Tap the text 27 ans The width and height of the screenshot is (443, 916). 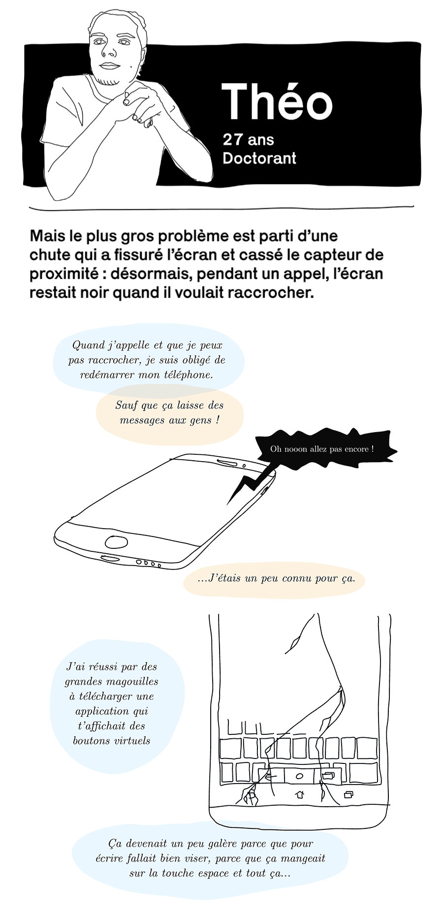tap(248, 140)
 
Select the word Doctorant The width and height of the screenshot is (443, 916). tap(259, 158)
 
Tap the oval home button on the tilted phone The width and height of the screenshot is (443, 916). tap(117, 542)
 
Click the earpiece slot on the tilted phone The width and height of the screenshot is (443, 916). tap(228, 463)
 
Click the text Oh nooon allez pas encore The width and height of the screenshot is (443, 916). tap(322, 449)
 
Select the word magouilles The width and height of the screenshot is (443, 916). tap(134, 682)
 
